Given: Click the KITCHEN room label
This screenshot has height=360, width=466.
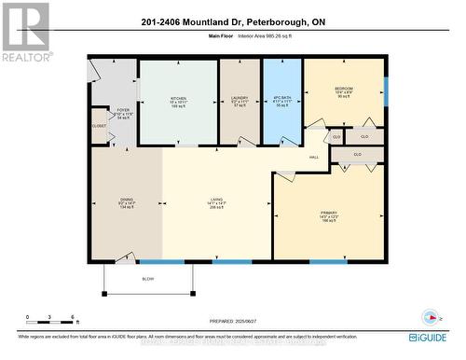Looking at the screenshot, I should pos(178,96).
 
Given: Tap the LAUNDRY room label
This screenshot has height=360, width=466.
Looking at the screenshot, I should pos(239,97).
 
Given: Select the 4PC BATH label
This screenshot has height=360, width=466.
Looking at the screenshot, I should pos(282,97).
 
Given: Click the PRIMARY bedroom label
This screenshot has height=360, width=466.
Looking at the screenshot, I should pos(328,213).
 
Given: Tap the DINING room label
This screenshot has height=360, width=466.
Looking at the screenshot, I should pos(126,199).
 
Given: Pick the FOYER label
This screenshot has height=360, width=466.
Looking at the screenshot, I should pos(123,109).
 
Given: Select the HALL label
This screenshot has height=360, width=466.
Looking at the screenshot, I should pos(314,157).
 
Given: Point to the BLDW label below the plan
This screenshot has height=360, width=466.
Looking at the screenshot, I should pos(148,279).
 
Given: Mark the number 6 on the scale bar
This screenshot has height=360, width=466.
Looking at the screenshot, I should pos(73,318).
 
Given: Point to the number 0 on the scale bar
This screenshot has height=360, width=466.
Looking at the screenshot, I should pos(28,318).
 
